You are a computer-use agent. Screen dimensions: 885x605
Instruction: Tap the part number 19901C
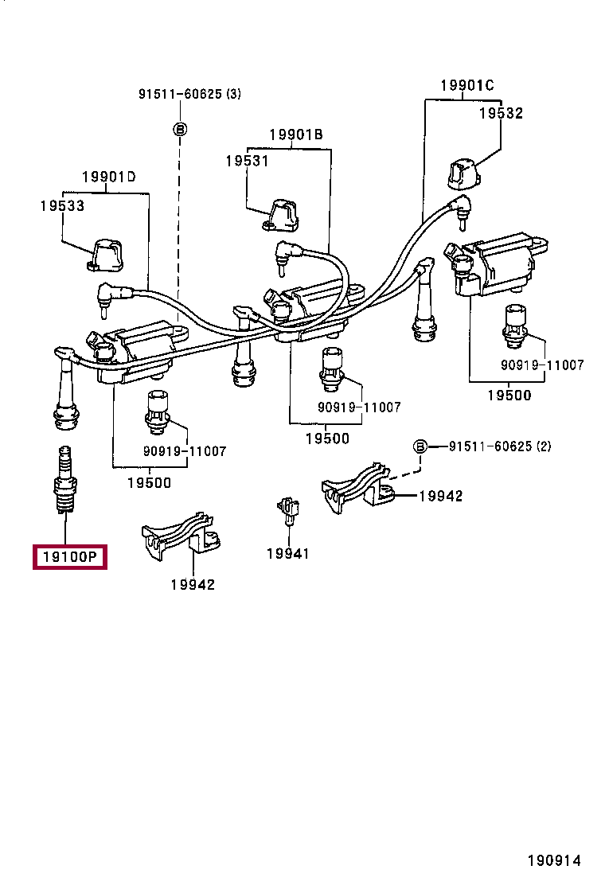pos(467,86)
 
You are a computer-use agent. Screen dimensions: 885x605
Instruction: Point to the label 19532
pos(501,113)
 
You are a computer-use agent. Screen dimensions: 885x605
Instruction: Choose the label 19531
pos(247,161)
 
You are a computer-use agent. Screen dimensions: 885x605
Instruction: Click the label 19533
pos(62,205)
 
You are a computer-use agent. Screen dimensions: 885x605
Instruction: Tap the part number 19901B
pos(296,135)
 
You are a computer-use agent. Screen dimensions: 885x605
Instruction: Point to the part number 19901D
pos(109,177)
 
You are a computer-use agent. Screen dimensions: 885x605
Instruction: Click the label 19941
pos(287,553)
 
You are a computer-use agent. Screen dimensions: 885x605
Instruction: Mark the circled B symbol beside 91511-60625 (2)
pos(420,446)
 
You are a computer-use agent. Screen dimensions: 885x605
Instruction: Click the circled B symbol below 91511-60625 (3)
pos(181,128)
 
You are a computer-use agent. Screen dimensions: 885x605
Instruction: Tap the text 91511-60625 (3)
pos(189,94)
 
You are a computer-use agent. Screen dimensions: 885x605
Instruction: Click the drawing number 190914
pos(553,860)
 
